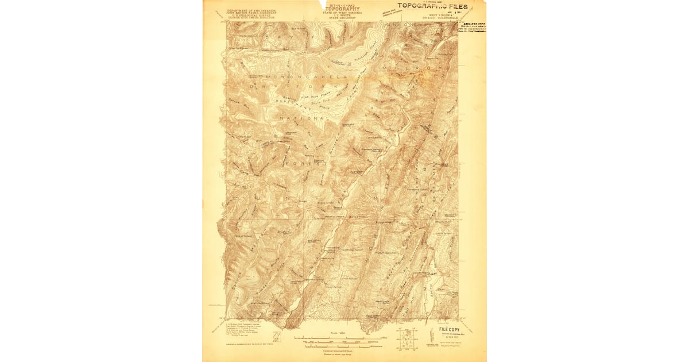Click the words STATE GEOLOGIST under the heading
coord(342,18)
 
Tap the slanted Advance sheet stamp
coord(389,12)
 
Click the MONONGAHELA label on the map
coord(299,76)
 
